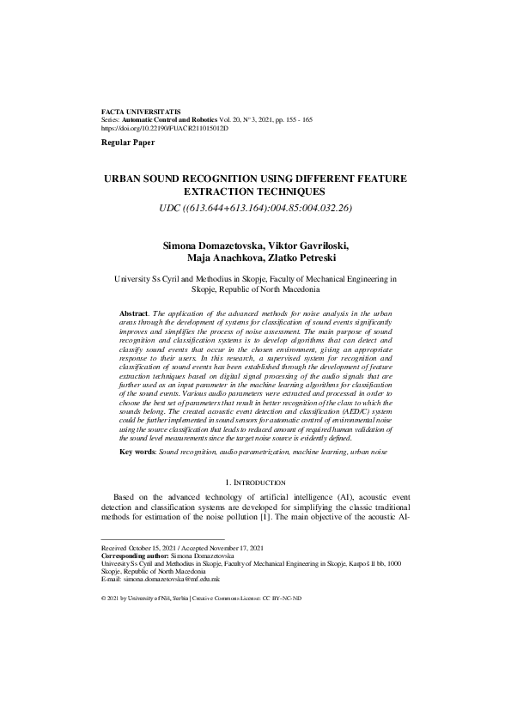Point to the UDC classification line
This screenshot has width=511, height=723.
[x=255, y=208]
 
